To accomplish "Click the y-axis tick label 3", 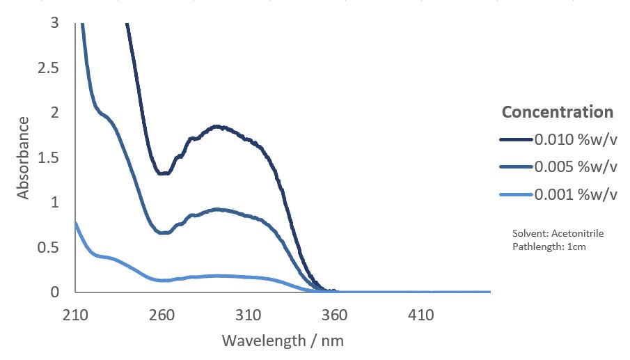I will (x=54, y=23).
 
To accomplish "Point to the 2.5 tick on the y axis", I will (x=49, y=68).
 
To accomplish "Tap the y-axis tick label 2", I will (x=54, y=113).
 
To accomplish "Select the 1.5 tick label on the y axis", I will (x=49, y=158).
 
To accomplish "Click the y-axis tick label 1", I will (x=54, y=203).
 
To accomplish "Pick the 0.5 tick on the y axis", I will (x=49, y=248).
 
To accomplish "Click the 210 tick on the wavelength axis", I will (x=75, y=315).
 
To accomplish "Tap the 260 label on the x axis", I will (x=162, y=315).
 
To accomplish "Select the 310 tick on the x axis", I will (x=249, y=315).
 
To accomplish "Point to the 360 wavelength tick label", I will (x=335, y=315).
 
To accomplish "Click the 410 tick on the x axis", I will (x=421, y=315).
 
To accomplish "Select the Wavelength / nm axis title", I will (x=283, y=341).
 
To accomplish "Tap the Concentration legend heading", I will (x=558, y=112).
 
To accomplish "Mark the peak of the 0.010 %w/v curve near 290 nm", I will (x=217, y=126).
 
